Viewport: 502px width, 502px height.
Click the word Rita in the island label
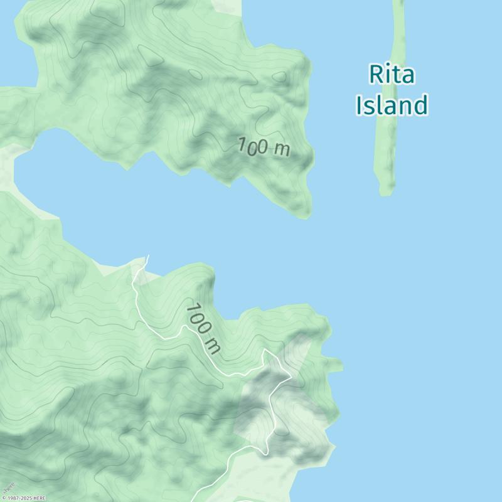click(392, 75)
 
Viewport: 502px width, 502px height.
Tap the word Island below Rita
click(392, 105)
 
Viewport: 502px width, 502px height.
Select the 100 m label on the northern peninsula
click(264, 147)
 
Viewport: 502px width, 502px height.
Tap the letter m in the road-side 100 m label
click(213, 345)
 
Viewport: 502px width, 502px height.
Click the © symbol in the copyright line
click(4, 498)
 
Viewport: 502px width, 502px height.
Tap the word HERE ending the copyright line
click(40, 498)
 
